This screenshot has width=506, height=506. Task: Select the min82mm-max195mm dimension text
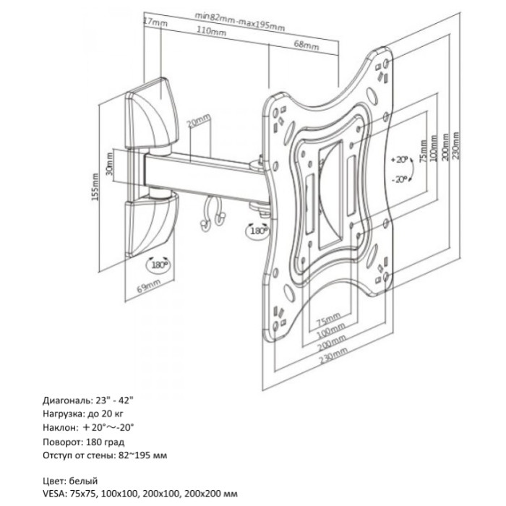pos(240,18)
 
